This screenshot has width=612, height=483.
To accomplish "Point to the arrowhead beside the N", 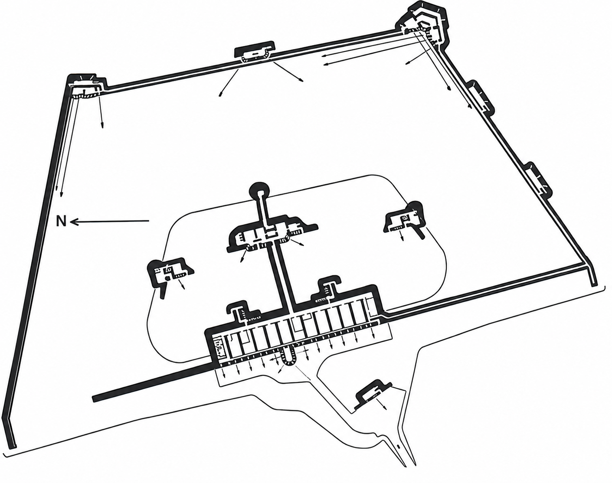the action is coord(73,221).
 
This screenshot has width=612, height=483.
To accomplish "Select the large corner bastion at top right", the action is coord(424,24).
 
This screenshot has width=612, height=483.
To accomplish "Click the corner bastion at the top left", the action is coord(86,85).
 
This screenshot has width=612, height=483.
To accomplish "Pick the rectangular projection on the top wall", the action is coord(255,51).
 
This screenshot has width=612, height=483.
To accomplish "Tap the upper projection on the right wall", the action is coord(480,97).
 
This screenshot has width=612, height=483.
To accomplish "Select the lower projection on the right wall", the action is coord(538,179).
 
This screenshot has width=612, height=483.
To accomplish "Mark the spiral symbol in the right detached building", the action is coord(404,219).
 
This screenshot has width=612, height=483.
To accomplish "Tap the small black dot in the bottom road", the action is coord(398,455).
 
